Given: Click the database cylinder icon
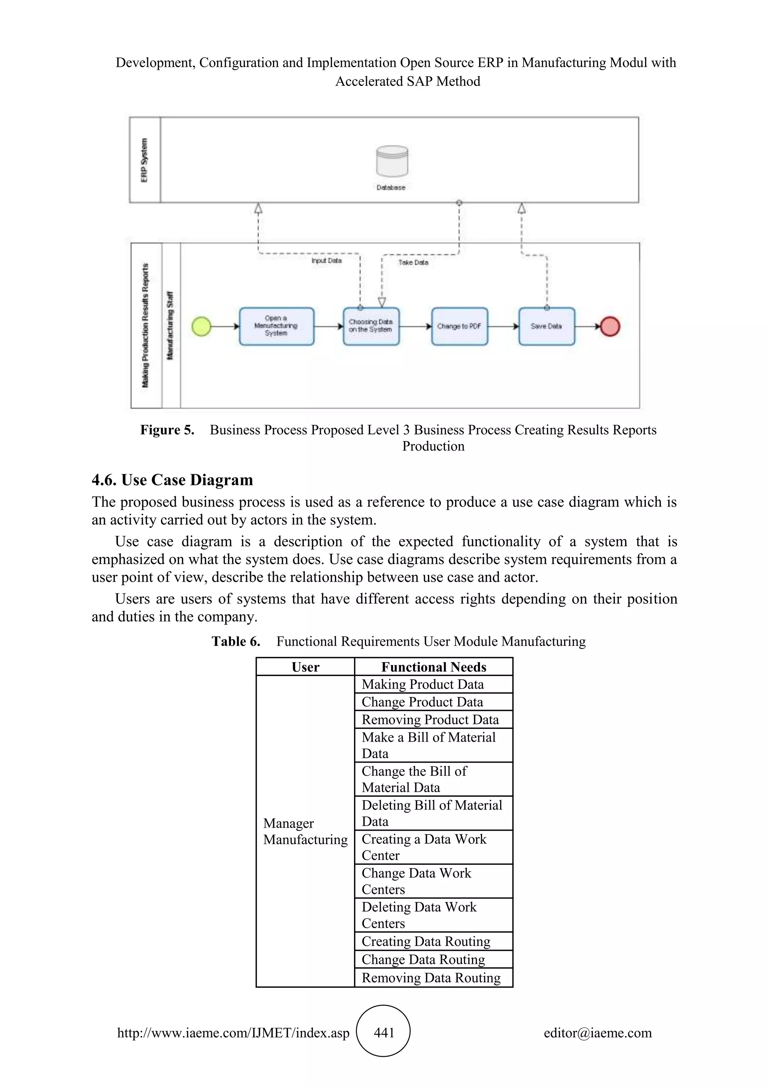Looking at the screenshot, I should pyautogui.click(x=392, y=161).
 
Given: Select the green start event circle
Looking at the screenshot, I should pyautogui.click(x=201, y=326).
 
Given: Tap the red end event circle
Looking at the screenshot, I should pyautogui.click(x=609, y=326).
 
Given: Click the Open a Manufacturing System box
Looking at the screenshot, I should pyautogui.click(x=276, y=326).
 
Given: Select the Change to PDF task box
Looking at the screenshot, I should pyautogui.click(x=459, y=326).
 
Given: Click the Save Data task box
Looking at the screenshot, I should pyautogui.click(x=546, y=326).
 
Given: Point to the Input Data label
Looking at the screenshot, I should pyautogui.click(x=326, y=261).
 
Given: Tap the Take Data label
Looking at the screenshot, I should pyautogui.click(x=413, y=262).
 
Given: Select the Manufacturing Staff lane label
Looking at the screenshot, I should pyautogui.click(x=170, y=326).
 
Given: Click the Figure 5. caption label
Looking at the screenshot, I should pyautogui.click(x=167, y=430).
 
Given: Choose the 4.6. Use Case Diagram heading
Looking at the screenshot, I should pyautogui.click(x=172, y=480).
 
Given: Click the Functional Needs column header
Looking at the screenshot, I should pyautogui.click(x=433, y=667).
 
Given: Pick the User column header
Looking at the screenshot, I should pyautogui.click(x=305, y=667).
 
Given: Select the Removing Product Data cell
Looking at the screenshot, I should pyautogui.click(x=430, y=720).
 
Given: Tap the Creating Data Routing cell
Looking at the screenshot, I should pyautogui.click(x=426, y=941).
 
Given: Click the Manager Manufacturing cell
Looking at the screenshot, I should pyautogui.click(x=305, y=831).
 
